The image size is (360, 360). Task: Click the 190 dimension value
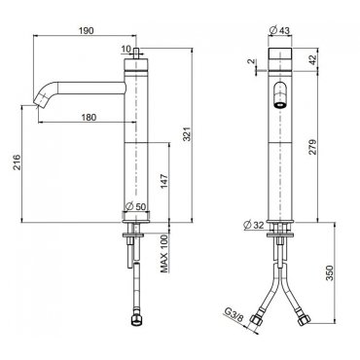[86, 31]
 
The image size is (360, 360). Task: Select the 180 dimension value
[89, 117]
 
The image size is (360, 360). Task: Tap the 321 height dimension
[187, 133]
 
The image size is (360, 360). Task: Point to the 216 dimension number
[17, 162]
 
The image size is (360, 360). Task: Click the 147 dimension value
[164, 182]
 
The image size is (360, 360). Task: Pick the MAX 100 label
[164, 254]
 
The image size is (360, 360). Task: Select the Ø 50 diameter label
[135, 206]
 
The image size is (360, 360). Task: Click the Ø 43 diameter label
[279, 30]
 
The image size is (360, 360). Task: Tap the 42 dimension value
[312, 60]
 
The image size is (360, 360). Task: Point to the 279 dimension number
[312, 147]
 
